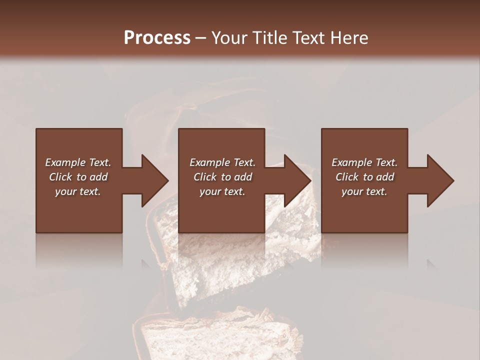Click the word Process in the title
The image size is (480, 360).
[x=157, y=38]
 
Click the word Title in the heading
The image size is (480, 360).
[x=271, y=38]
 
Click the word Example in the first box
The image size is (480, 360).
[x=65, y=162]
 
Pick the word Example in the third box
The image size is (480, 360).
[x=351, y=162]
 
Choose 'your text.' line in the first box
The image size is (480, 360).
[x=78, y=191]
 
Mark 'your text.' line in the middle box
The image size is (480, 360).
[x=222, y=191]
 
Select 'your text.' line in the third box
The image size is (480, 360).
[x=364, y=191]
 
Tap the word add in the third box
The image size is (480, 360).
[x=385, y=177]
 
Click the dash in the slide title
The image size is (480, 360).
[x=200, y=38]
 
